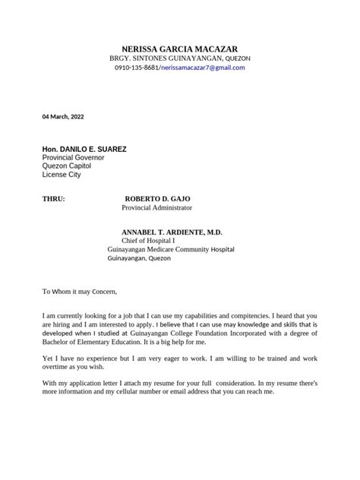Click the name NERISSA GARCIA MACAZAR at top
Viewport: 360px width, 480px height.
click(x=179, y=48)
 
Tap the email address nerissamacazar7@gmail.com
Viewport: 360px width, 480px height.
click(x=203, y=68)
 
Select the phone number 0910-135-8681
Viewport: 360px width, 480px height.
click(x=136, y=68)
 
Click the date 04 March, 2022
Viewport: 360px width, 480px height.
click(x=63, y=116)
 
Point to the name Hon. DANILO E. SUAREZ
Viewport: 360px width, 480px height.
click(x=84, y=149)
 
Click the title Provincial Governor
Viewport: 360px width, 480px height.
click(x=72, y=158)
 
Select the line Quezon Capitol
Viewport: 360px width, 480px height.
click(x=68, y=166)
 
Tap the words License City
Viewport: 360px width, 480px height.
click(x=61, y=175)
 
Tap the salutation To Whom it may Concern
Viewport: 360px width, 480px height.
click(x=80, y=291)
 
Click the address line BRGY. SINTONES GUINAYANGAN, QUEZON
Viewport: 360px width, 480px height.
click(x=180, y=58)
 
